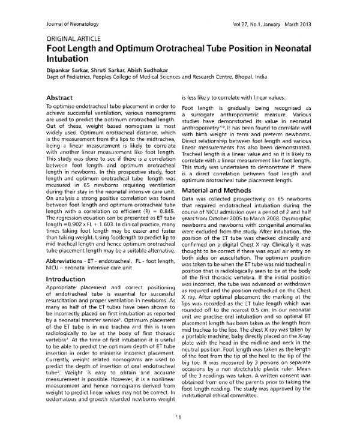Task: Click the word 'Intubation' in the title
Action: [68, 61]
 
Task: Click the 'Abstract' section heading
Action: [62, 98]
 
